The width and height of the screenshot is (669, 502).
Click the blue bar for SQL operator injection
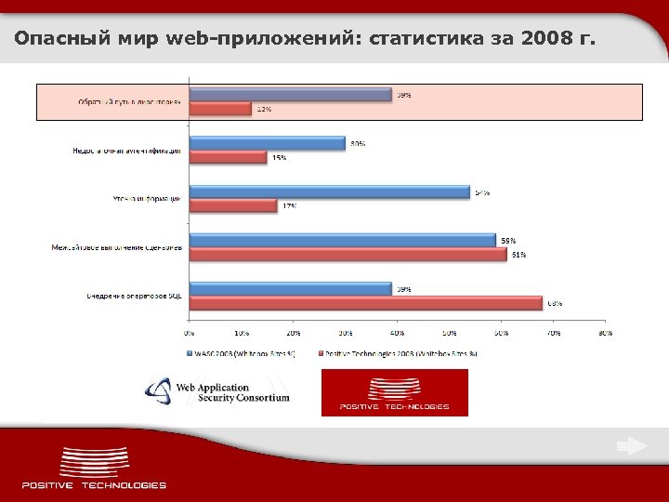(290, 289)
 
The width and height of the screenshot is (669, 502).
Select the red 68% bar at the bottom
(365, 303)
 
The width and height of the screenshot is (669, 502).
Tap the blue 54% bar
(329, 192)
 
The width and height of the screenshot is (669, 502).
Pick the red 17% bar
(233, 205)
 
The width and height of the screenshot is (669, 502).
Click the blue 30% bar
(267, 143)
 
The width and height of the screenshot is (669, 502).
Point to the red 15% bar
(228, 157)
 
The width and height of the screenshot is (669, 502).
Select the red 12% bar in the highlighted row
(220, 109)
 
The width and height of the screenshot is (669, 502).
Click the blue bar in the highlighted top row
(290, 94)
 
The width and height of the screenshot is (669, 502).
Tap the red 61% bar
(348, 254)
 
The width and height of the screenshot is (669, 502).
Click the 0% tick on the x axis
(189, 331)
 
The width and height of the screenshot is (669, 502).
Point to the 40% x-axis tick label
(397, 331)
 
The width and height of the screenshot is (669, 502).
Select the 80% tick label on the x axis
(605, 331)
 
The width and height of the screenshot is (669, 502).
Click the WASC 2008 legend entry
(243, 354)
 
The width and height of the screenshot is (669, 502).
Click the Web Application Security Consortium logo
(218, 391)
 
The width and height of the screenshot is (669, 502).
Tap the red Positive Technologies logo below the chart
(394, 392)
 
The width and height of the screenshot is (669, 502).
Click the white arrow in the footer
(632, 447)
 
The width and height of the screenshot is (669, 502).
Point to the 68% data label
(555, 303)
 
